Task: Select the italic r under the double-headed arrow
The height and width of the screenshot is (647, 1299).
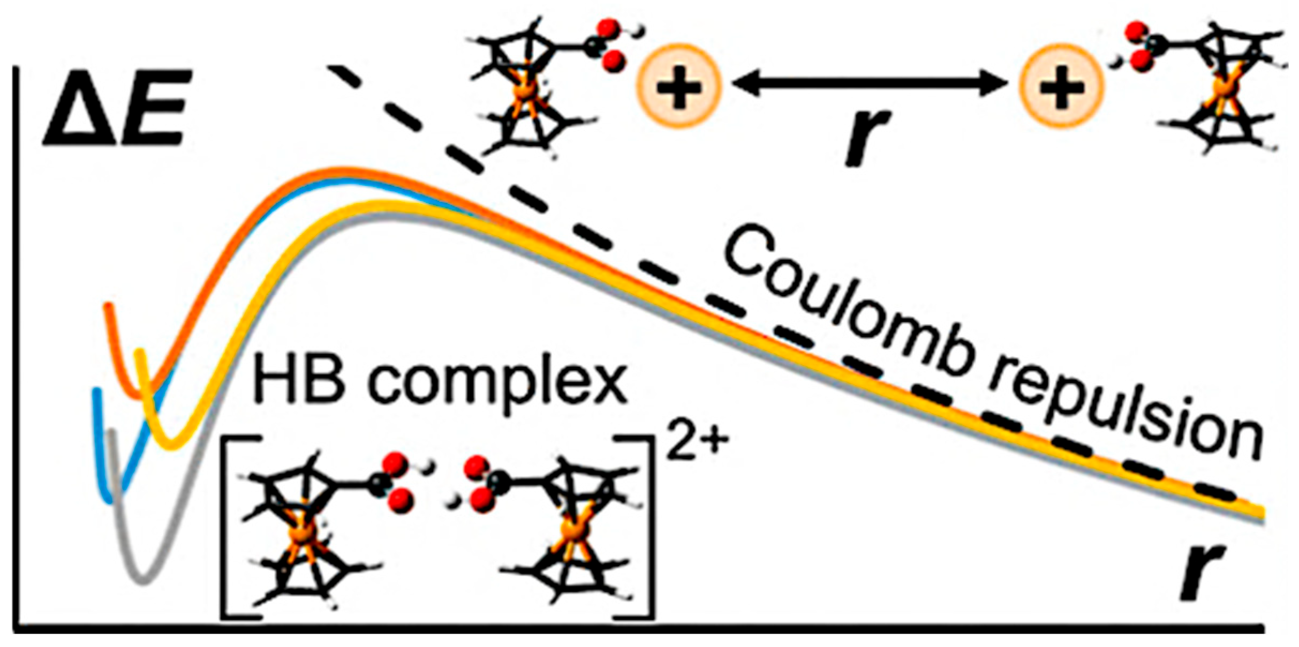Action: coord(868,137)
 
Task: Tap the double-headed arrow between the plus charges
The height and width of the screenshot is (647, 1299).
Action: coord(870,84)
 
